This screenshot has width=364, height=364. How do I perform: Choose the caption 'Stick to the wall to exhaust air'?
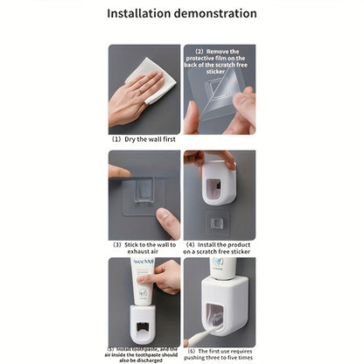pos(145,248)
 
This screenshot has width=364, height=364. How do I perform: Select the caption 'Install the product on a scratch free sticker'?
pos(219,248)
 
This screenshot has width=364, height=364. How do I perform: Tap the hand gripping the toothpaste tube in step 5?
pos(171,277)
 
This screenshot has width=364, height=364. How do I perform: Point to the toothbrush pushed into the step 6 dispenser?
pos(197,340)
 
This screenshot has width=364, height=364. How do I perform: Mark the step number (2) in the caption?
pos(199,52)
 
